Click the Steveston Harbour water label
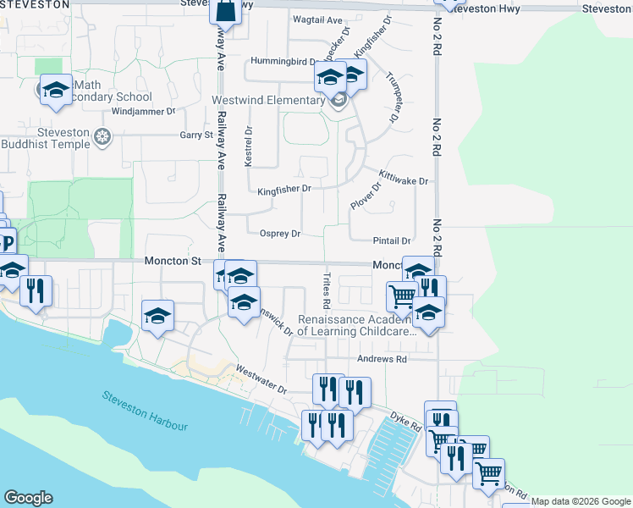(x=145, y=410)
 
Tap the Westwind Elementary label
(x=267, y=101)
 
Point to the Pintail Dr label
(x=392, y=241)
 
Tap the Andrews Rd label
(x=383, y=359)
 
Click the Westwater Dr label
(x=261, y=381)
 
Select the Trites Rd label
(x=325, y=290)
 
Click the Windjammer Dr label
(x=142, y=111)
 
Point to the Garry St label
(x=195, y=135)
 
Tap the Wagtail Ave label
(x=316, y=19)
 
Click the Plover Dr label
(x=366, y=196)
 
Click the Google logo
(x=28, y=498)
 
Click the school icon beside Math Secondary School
(x=55, y=90)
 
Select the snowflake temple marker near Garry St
(x=102, y=136)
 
